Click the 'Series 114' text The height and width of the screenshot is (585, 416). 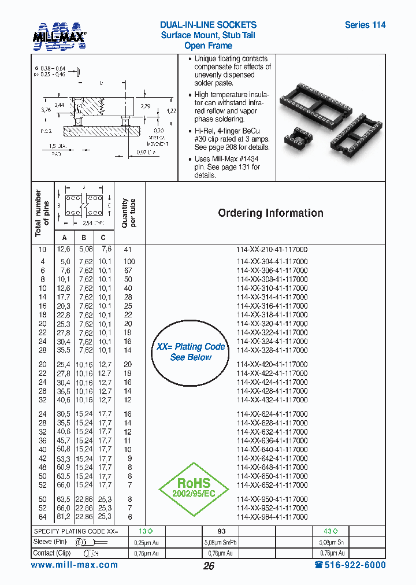pos(365,25)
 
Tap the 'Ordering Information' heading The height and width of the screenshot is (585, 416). pos(270,213)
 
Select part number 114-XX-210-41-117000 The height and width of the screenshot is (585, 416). pos(272,250)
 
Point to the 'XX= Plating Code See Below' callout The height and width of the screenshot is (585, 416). pos(191,352)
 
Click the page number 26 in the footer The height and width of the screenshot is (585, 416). pos(209,566)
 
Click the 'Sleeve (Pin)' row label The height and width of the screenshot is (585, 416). pos(50,542)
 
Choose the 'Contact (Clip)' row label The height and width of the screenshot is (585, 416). pos(51,553)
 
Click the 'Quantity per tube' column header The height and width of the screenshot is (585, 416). pos(129,213)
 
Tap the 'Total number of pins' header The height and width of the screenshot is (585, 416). pos(42,213)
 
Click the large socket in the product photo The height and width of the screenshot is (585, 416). pos(313,97)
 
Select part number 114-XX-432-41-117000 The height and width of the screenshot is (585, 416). pos(272,400)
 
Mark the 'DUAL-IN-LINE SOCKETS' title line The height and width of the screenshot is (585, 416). pos(208,25)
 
